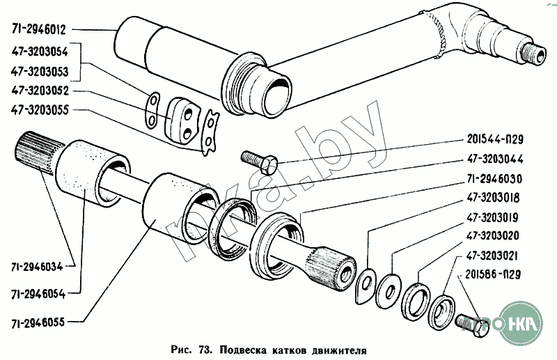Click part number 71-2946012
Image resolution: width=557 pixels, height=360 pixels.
(x=39, y=29)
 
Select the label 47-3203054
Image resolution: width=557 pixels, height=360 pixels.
(x=40, y=52)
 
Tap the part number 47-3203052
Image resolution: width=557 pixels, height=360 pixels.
(x=40, y=91)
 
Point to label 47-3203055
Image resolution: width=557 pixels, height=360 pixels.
(x=40, y=110)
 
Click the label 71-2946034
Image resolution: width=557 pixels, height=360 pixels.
(x=37, y=267)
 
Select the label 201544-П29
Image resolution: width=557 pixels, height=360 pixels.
(x=495, y=139)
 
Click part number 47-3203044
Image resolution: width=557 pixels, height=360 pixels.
(x=495, y=159)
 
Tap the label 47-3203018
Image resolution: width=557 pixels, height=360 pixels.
(x=494, y=198)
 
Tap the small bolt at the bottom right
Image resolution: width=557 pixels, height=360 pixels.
(x=471, y=324)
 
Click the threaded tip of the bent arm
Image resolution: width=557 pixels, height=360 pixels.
(x=533, y=54)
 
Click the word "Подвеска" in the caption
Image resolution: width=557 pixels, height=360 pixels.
(x=243, y=350)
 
